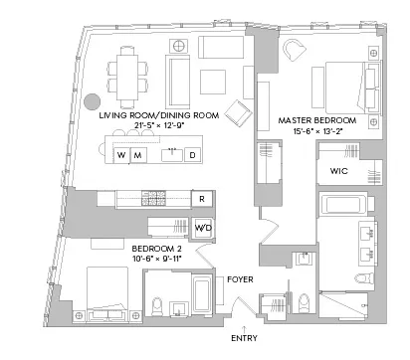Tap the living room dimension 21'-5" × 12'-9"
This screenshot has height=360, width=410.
point(159,127)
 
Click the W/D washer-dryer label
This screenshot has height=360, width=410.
point(203,229)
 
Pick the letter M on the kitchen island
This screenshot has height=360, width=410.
point(137,155)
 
